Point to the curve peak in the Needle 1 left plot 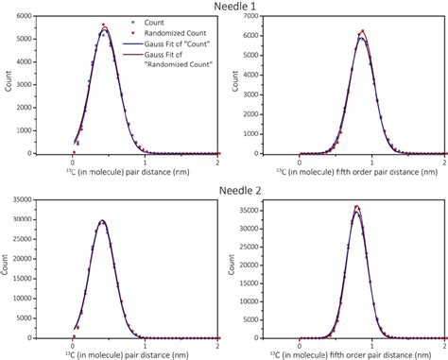click(104, 29)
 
